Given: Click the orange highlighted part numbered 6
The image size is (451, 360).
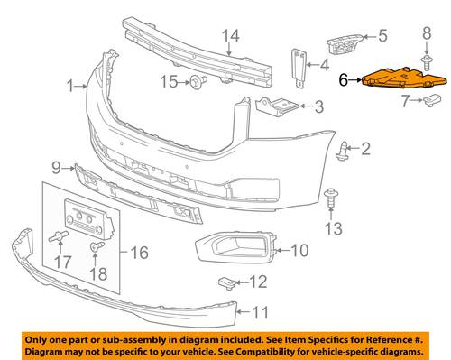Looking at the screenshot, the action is [x=404, y=78].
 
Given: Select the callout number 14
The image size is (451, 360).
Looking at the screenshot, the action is [x=231, y=36].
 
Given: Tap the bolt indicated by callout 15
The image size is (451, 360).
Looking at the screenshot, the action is [x=198, y=82].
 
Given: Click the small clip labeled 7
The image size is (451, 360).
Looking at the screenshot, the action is [x=432, y=100].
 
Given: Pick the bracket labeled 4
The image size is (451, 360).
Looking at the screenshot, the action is [x=299, y=68].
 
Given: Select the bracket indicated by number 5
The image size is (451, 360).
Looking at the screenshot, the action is [x=345, y=44].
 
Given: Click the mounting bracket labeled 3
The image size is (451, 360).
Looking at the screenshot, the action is [x=277, y=106].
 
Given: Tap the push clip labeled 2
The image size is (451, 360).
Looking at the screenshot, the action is [x=342, y=152].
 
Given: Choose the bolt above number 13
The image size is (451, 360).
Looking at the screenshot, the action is [x=331, y=198].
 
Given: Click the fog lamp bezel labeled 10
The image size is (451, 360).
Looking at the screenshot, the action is [x=235, y=247].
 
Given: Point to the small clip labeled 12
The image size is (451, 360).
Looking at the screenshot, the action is [x=226, y=282].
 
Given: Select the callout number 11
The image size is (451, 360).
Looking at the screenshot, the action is [x=260, y=312].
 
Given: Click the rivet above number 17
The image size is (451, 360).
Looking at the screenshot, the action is [x=59, y=236].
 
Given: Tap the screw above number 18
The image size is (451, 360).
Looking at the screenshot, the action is [x=97, y=246].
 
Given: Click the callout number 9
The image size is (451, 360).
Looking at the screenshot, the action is [x=57, y=168].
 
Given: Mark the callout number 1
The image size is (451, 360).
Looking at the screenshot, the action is [x=70, y=87].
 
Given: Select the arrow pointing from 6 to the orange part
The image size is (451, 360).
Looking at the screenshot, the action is [x=355, y=80].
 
